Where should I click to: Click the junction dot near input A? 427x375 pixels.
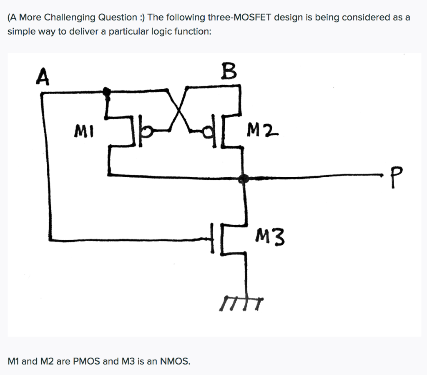coord(107,91)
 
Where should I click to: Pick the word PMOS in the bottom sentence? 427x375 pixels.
coord(87,361)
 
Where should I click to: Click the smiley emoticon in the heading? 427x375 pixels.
coord(142,18)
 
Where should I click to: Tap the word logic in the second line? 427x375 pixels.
coord(154,32)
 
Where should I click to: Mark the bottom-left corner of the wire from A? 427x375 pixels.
coord(51,240)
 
